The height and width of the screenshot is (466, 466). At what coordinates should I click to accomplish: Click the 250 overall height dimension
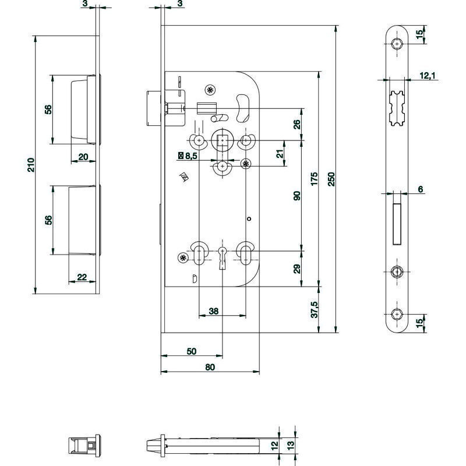click(x=331, y=179)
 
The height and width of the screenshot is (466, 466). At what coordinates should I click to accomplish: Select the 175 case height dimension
click(x=314, y=179)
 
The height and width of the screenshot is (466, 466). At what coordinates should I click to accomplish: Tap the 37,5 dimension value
click(x=315, y=309)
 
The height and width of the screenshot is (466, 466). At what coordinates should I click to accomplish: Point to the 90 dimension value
click(x=296, y=196)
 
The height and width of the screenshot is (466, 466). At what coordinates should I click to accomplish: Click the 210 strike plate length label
click(x=31, y=165)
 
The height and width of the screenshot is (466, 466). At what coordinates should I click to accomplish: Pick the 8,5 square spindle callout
click(x=188, y=156)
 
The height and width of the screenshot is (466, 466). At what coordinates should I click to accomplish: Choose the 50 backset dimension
click(x=192, y=351)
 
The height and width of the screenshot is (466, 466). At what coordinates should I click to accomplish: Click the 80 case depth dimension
click(x=210, y=368)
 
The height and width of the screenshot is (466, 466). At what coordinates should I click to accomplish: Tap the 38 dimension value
click(x=213, y=311)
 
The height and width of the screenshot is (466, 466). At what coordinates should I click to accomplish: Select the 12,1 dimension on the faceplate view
click(x=428, y=76)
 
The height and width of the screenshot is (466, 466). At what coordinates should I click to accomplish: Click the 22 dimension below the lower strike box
click(x=82, y=277)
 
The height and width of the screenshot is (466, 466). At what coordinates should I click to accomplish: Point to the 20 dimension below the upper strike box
click(x=83, y=157)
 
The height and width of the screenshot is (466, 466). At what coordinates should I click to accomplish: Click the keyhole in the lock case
click(x=223, y=257)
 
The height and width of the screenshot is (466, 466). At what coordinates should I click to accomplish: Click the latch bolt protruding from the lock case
click(x=154, y=109)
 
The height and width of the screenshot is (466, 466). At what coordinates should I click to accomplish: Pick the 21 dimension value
click(x=280, y=154)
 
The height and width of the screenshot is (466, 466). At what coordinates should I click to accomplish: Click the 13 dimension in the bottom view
click(x=290, y=445)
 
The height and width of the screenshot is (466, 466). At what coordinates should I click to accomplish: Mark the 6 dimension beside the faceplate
click(x=420, y=189)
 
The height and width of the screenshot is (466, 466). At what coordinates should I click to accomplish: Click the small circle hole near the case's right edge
click(x=249, y=219)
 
